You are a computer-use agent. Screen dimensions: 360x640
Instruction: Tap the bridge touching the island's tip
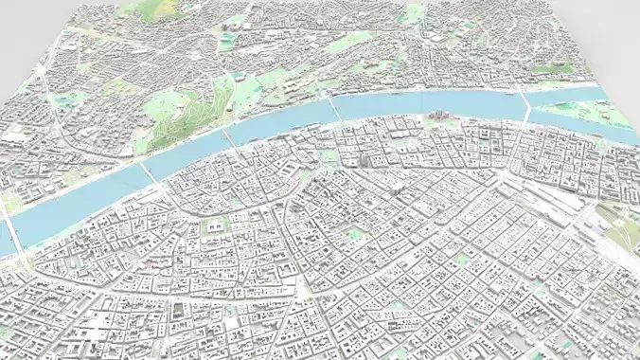pyautogui.click(x=526, y=103)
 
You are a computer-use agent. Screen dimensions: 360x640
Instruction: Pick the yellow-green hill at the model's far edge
pyautogui.click(x=156, y=9)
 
